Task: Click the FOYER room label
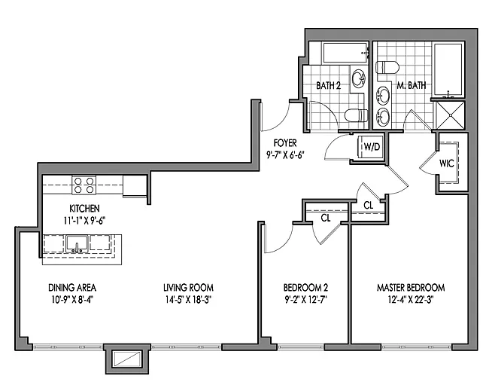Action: pos(285,143)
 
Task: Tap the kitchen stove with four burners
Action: pos(84,185)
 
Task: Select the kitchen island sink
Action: pos(77,244)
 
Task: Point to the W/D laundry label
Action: pos(372,146)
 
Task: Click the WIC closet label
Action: pos(446,163)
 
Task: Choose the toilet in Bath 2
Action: pos(356,115)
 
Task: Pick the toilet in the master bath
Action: pos(387,68)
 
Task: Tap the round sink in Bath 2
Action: pos(359,78)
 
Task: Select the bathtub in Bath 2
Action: pos(345,53)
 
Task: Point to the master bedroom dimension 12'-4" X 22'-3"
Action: pos(411,300)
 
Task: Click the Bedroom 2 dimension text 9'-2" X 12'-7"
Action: pos(305,300)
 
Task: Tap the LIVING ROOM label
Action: pos(188,287)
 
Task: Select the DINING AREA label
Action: pos(72,287)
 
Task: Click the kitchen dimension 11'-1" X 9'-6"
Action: pos(84,221)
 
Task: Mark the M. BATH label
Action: pos(411,85)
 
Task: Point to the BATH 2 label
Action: pos(328,85)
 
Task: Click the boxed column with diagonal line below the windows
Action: pos(127,359)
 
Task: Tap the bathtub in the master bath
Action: pos(448,69)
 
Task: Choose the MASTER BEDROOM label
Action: pos(411,287)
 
